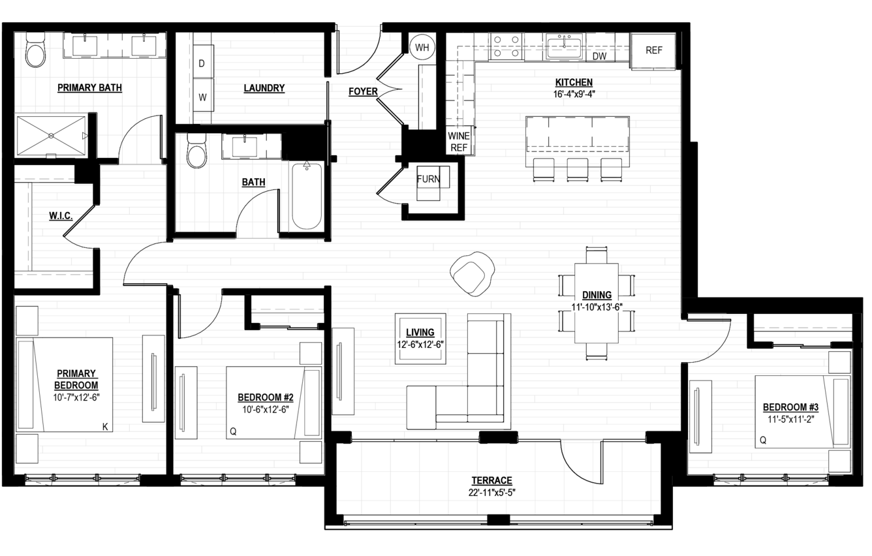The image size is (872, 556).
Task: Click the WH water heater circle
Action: pos(422,48)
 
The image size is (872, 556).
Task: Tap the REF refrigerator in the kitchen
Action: pos(653,52)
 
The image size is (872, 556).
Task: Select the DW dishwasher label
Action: pos(599,56)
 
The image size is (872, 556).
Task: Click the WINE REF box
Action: pos(459,141)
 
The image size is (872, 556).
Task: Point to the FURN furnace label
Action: pos(428,179)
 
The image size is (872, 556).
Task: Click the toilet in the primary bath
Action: pos(35,50)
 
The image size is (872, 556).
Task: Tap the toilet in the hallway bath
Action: pos(196,151)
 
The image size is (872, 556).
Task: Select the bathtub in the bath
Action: pos(307,196)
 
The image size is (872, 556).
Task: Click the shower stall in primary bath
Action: pos(51,135)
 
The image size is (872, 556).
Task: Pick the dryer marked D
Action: pos(203,62)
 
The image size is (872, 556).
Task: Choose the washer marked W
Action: pos(203,96)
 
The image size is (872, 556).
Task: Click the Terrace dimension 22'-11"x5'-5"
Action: pos(491,493)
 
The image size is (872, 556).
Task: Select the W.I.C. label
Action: pos(61,215)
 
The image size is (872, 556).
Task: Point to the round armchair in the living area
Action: pos(472,274)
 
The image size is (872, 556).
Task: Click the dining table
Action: pos(597,303)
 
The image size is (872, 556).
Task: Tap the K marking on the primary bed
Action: pos(105,427)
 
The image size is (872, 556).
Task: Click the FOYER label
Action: pos(363,91)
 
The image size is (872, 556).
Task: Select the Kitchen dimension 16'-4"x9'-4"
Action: pos(574,94)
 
